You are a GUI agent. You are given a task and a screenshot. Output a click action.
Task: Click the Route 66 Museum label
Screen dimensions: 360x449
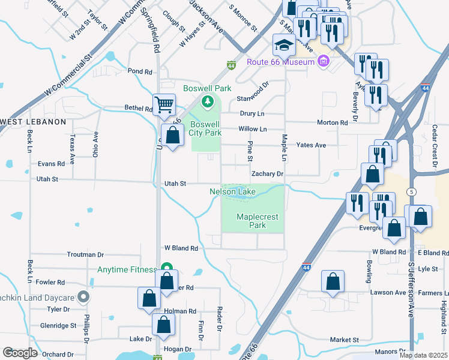point(280,62)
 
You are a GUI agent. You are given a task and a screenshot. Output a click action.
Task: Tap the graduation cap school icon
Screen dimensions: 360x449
point(284,45)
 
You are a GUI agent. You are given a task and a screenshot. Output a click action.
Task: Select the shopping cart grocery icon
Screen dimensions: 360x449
point(164,105)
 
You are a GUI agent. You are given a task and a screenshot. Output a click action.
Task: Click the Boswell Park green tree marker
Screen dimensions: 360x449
point(208,101)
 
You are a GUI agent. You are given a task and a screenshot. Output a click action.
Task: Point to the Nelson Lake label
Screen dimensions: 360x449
point(232,192)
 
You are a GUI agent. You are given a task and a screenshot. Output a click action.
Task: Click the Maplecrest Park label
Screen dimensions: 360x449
point(251,221)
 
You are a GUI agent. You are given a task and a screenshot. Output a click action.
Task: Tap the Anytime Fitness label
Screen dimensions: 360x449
point(127,269)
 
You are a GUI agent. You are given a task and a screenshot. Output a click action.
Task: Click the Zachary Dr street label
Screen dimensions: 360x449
point(267,174)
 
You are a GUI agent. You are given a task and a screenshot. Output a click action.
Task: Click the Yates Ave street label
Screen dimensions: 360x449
point(311,145)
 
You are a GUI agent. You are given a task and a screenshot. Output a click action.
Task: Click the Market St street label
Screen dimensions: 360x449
point(344,340)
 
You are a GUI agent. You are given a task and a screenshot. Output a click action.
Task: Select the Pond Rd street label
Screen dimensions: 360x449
point(140,71)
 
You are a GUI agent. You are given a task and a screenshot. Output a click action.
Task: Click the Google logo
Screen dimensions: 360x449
point(20,353)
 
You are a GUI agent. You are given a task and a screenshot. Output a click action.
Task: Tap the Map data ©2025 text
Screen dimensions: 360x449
point(423,355)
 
